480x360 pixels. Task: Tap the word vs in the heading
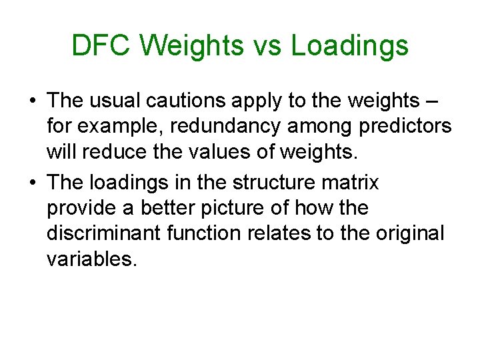[268, 46]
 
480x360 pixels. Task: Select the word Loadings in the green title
[350, 46]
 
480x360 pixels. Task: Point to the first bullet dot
[31, 101]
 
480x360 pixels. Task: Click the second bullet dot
[31, 183]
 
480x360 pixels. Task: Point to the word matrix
[355, 183]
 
